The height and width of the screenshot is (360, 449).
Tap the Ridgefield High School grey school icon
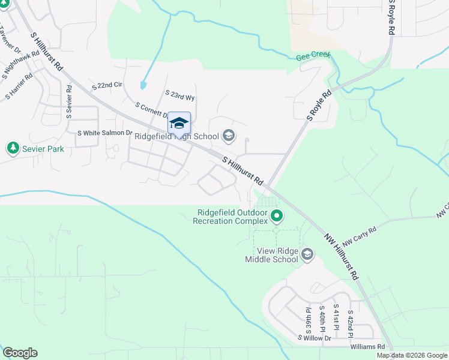[228, 136]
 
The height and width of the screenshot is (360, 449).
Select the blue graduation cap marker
[179, 123]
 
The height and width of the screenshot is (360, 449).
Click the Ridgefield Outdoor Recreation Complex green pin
[276, 215]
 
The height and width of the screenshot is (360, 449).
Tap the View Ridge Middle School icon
[307, 254]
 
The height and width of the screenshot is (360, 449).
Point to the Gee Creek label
[313, 57]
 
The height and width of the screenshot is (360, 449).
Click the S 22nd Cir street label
[106, 86]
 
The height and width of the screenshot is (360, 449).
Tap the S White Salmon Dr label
[104, 133]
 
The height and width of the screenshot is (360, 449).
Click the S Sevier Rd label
[70, 96]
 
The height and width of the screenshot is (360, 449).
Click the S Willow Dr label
[315, 338]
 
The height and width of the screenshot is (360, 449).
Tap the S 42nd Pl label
[350, 323]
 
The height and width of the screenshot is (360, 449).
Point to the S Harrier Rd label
[19, 87]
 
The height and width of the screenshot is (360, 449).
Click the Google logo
[20, 353]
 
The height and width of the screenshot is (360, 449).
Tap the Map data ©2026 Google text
[412, 355]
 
